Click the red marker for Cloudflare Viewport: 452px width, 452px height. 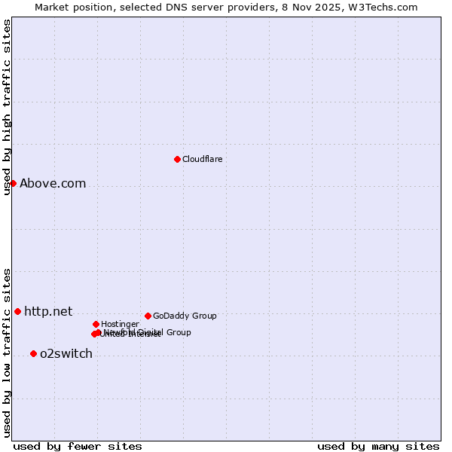coord(177,159)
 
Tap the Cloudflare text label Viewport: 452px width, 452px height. coord(202,159)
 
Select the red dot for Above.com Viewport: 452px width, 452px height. coord(13,183)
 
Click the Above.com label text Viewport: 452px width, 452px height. coord(53,183)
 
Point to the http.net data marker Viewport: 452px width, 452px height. coord(17,311)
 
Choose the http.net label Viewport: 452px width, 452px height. coord(48,311)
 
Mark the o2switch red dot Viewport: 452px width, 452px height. coord(33,353)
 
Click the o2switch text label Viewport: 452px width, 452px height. coord(66,354)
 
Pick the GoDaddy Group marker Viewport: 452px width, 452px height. coord(148,316)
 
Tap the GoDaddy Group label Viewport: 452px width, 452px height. coord(185,316)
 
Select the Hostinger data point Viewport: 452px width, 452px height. coord(96,324)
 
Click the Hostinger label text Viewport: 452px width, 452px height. coord(120,325)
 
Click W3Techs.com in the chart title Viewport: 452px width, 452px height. coord(386,7)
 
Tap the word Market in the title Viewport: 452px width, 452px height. coord(53,7)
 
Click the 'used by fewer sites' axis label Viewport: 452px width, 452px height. coord(78,447)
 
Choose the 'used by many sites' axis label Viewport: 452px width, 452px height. coord(378,447)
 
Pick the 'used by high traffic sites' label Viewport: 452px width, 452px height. coord(7,107)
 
